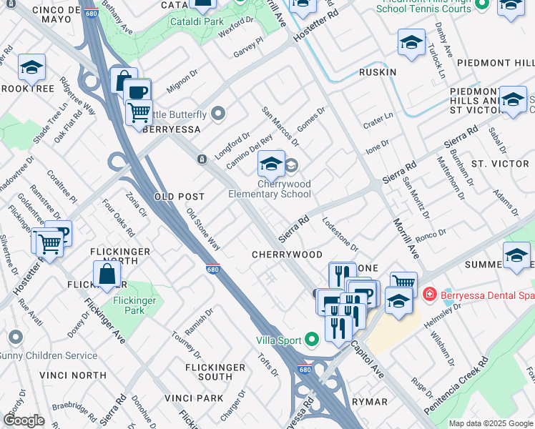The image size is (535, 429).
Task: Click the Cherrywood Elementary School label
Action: click(x=270, y=189)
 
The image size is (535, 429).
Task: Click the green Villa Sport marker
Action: click(x=311, y=339)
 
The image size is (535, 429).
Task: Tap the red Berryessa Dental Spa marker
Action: click(x=429, y=293)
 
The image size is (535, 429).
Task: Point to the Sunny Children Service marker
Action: click(x=16, y=336)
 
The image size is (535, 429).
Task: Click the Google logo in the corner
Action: click(x=24, y=420)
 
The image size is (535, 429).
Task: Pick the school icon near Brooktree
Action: click(x=31, y=67)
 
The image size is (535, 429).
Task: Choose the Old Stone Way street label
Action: click(x=203, y=229)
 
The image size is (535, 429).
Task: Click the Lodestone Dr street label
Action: click(x=340, y=234)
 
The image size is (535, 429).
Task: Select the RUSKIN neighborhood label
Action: click(x=378, y=72)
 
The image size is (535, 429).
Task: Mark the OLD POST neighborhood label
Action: click(x=180, y=196)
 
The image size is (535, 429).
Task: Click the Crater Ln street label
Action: click(x=378, y=116)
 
